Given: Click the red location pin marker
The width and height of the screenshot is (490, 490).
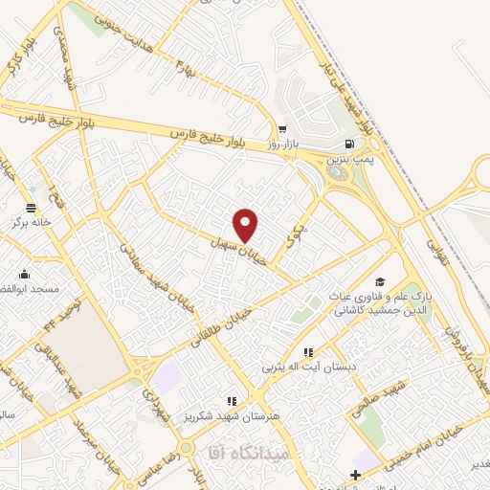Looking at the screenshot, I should (246, 224).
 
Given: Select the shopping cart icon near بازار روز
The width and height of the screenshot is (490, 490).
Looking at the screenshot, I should (282, 130).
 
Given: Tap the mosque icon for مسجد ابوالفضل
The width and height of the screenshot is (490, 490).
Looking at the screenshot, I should (24, 274).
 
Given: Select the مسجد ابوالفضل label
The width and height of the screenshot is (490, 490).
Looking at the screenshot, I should (33, 288).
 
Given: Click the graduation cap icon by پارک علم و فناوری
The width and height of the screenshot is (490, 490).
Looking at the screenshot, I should (380, 281).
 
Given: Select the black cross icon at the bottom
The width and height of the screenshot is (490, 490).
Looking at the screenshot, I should (356, 475).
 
